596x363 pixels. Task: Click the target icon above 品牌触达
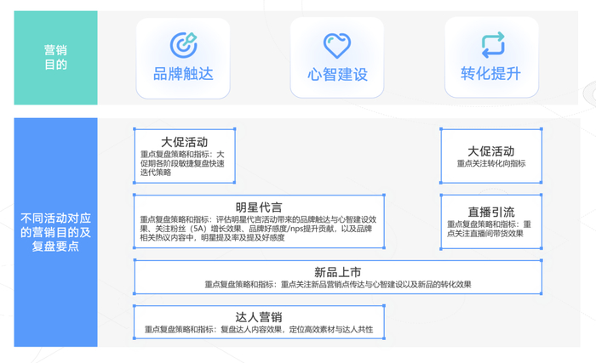[x=183, y=44]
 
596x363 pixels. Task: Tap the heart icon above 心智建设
[x=337, y=44]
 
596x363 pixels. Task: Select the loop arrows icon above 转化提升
[x=492, y=44]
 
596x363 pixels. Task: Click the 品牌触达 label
[x=183, y=74]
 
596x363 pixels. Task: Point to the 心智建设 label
[x=337, y=74]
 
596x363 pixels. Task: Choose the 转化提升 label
[x=491, y=74]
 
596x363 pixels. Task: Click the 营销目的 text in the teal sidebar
[x=55, y=58]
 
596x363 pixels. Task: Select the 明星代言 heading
[x=259, y=207]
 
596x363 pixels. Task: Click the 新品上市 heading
[x=337, y=272]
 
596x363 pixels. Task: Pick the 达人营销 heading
[x=259, y=317]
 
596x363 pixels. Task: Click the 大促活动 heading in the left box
[x=185, y=142]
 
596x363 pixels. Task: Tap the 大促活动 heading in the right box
[x=491, y=150]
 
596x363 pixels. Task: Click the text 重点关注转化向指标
[x=491, y=164]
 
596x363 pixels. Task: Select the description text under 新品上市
[x=337, y=285]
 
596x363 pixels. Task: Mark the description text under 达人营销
[x=259, y=330]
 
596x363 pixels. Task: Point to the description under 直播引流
[x=491, y=229]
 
